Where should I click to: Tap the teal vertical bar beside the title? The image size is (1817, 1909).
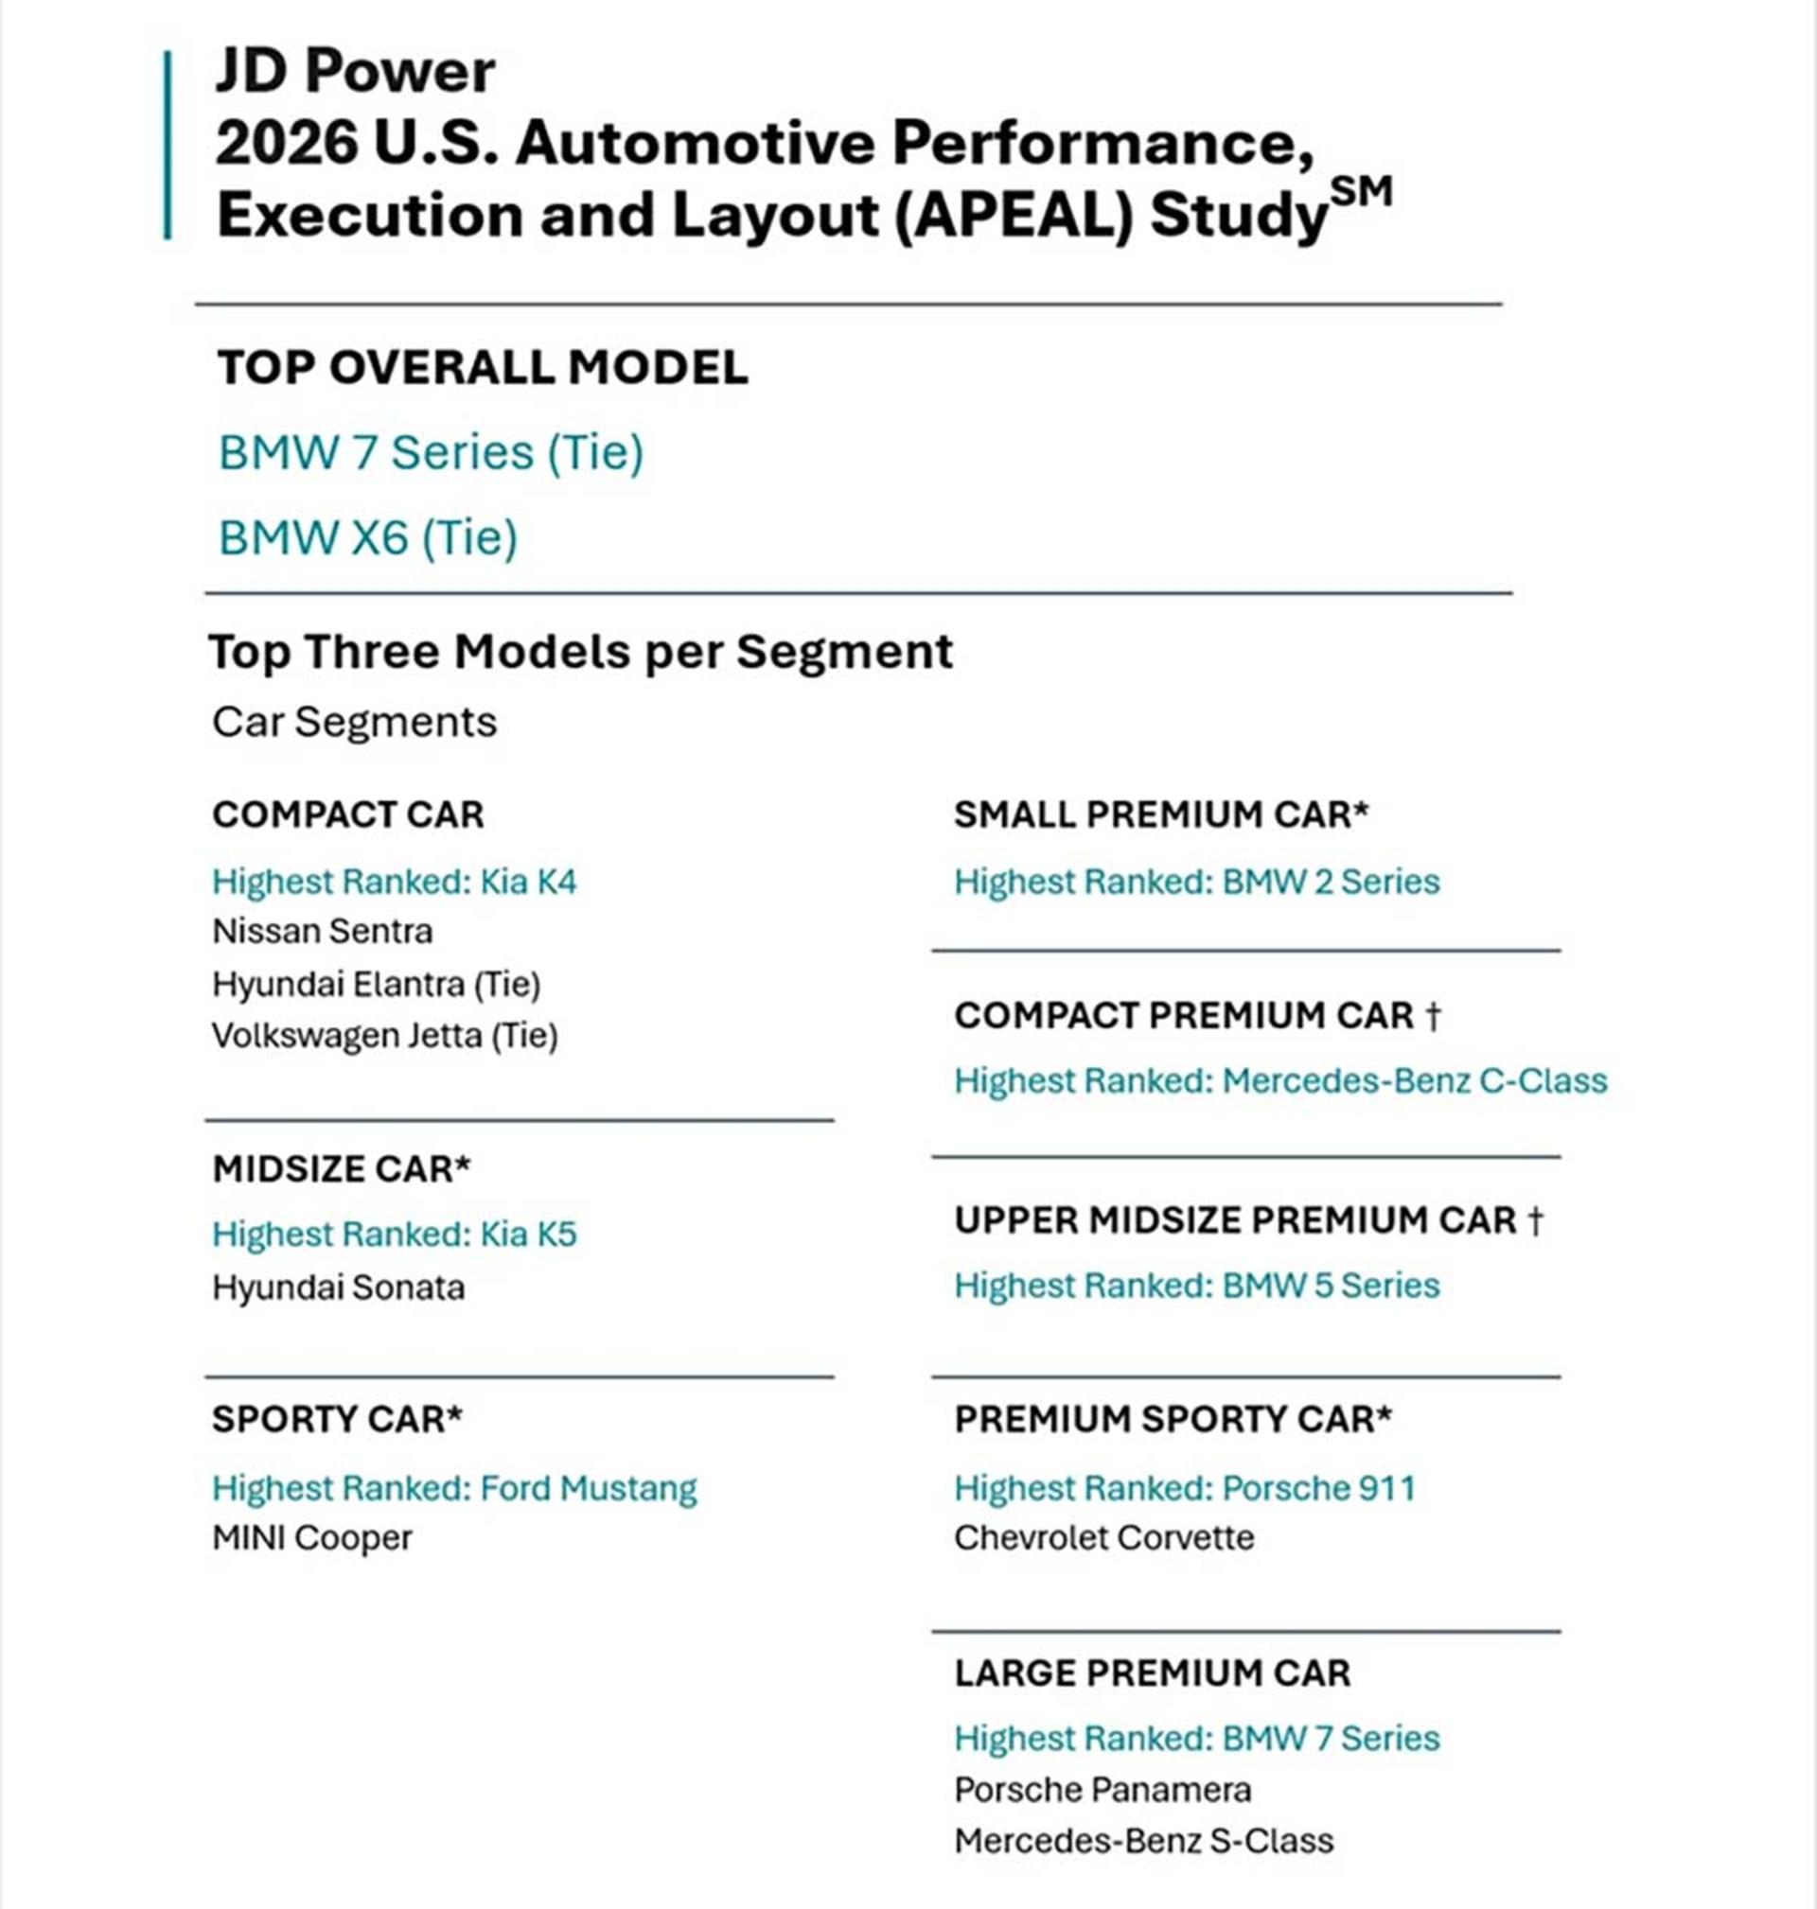tap(168, 144)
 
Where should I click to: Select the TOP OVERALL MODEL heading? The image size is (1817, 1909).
tap(483, 368)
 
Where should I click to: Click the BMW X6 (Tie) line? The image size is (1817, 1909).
tap(368, 537)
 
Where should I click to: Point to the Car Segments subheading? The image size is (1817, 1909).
tap(355, 722)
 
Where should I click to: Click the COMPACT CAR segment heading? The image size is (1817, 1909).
tap(347, 814)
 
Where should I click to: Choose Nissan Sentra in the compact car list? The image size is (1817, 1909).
tap(323, 931)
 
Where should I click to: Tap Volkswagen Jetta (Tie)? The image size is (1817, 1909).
tap(385, 1036)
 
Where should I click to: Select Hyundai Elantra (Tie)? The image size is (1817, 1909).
tap(377, 985)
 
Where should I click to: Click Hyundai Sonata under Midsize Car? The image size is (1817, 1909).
tap(339, 1287)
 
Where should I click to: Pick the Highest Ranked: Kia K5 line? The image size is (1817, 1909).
tap(395, 1235)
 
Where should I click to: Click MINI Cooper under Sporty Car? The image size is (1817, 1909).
tap(312, 1537)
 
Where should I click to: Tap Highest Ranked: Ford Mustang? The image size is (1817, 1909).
tap(454, 1488)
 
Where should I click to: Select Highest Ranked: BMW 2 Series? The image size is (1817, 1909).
tap(1197, 882)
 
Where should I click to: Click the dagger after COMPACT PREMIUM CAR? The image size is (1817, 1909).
tap(1434, 1015)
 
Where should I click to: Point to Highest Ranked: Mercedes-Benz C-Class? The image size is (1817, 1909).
tap(1280, 1080)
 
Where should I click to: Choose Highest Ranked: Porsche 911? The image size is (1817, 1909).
tap(1185, 1488)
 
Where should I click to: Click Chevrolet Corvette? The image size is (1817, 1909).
tap(1104, 1537)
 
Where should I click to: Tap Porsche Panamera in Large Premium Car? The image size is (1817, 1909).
tap(1103, 1790)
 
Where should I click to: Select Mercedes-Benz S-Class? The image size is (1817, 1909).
tap(1144, 1840)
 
